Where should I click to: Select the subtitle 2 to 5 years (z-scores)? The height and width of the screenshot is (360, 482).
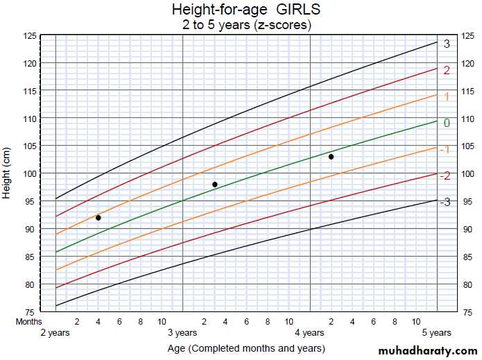[246, 24]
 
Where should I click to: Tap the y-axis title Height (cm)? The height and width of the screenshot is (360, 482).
[7, 173]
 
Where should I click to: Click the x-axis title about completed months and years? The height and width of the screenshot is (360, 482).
[246, 348]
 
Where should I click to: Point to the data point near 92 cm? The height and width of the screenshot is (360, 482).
[98, 218]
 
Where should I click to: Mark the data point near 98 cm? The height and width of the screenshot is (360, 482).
[215, 185]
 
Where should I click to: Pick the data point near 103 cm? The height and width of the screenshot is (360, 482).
[332, 157]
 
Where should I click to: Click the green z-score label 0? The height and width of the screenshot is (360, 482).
[447, 123]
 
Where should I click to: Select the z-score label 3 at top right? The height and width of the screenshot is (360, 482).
[447, 44]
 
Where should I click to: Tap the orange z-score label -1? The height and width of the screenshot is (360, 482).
[445, 150]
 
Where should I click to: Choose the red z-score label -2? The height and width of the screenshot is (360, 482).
[445, 176]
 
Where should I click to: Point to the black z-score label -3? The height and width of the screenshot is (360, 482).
[445, 202]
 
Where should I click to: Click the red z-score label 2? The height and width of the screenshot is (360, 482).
[447, 70]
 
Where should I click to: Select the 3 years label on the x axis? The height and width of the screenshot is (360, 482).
[182, 333]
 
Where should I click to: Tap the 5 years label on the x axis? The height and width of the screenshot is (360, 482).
[436, 333]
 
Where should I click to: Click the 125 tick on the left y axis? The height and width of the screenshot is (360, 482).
[30, 35]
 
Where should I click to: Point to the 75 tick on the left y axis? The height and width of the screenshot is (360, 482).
[32, 312]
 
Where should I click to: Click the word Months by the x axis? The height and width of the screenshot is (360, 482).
[29, 322]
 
